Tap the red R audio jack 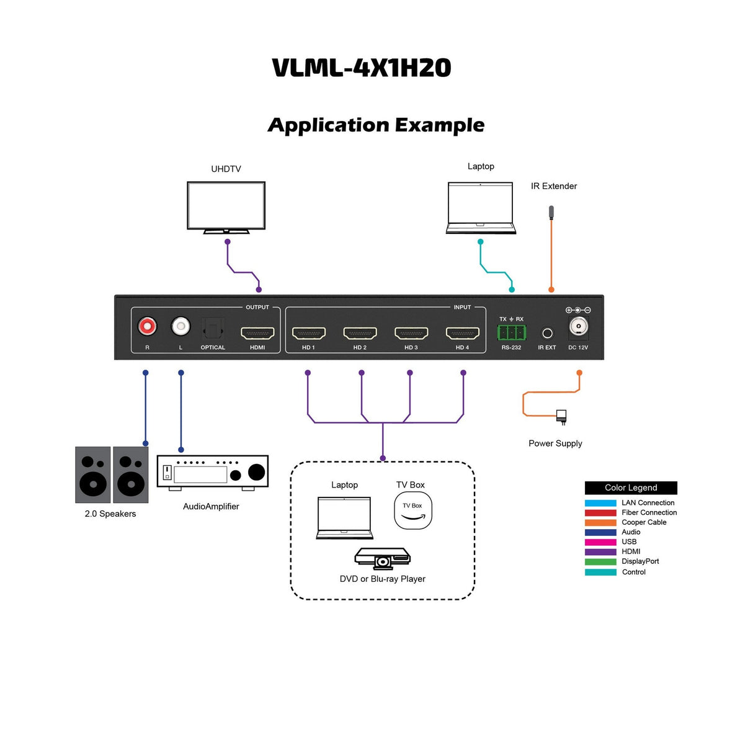(147, 326)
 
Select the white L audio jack (180, 326)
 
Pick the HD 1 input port (308, 334)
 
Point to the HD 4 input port (463, 334)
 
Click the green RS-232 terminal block (511, 332)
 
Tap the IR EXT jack (547, 334)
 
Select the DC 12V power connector (578, 326)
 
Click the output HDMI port (257, 334)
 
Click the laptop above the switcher (481, 207)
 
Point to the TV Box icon (412, 510)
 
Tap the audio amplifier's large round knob (256, 472)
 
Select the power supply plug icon (561, 416)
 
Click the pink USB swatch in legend (600, 542)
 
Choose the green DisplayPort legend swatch (600, 561)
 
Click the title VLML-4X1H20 (362, 68)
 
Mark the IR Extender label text (553, 186)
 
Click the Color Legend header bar (630, 488)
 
